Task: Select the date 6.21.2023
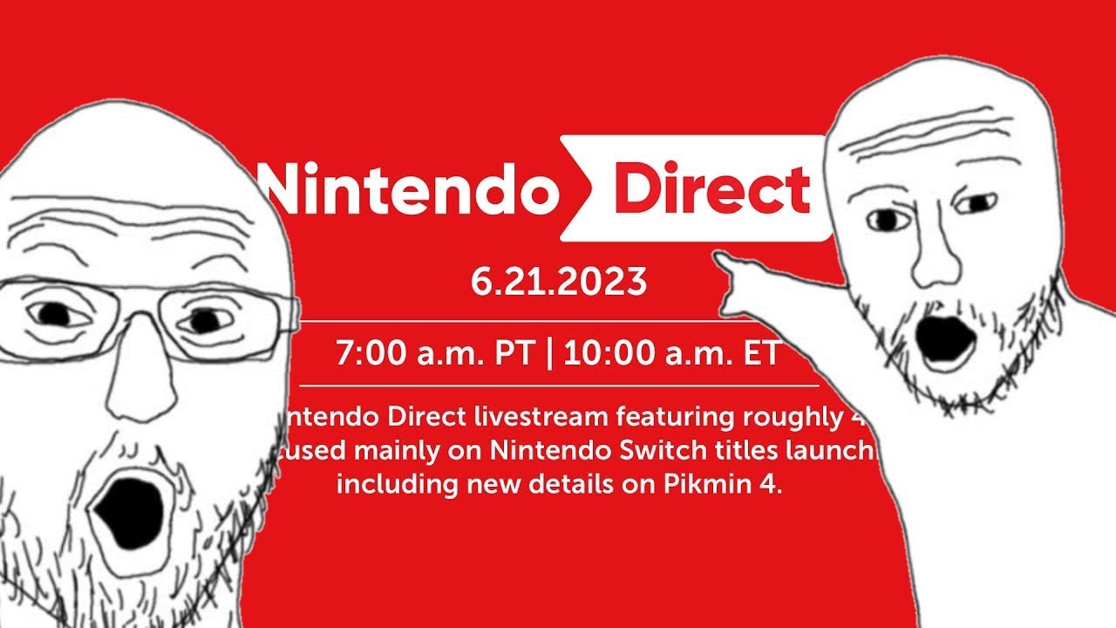click(559, 282)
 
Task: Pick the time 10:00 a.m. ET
click(672, 355)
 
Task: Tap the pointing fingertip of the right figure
click(717, 255)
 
